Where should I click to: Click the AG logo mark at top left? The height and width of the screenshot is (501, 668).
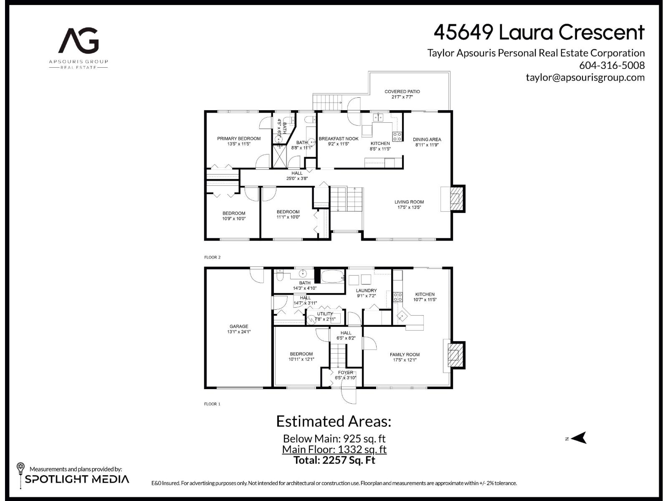[x=78, y=40]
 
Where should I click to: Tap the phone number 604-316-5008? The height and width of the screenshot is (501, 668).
[x=612, y=66]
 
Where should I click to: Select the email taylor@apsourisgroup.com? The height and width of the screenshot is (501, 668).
[x=585, y=77]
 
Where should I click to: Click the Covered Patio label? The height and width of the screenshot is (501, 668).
[x=402, y=91]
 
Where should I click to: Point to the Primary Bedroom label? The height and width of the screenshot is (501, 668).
[x=239, y=139]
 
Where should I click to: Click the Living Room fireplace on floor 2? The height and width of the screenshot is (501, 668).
[x=458, y=199]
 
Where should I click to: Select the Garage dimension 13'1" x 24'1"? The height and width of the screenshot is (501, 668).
[x=239, y=332]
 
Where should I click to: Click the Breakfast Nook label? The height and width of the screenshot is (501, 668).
[x=339, y=139]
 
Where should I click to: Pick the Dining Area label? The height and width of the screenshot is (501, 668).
[x=427, y=139]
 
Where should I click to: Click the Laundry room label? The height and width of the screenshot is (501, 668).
[x=366, y=291]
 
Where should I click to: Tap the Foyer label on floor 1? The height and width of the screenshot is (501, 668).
[x=345, y=372]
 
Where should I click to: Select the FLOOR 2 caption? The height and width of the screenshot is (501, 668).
[x=212, y=257]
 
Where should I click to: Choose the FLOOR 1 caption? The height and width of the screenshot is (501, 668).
[x=212, y=404]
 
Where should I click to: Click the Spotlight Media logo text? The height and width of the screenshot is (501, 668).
[x=77, y=479]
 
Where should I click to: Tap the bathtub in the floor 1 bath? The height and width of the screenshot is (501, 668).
[x=333, y=276]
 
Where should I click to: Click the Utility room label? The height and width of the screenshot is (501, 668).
[x=325, y=314]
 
